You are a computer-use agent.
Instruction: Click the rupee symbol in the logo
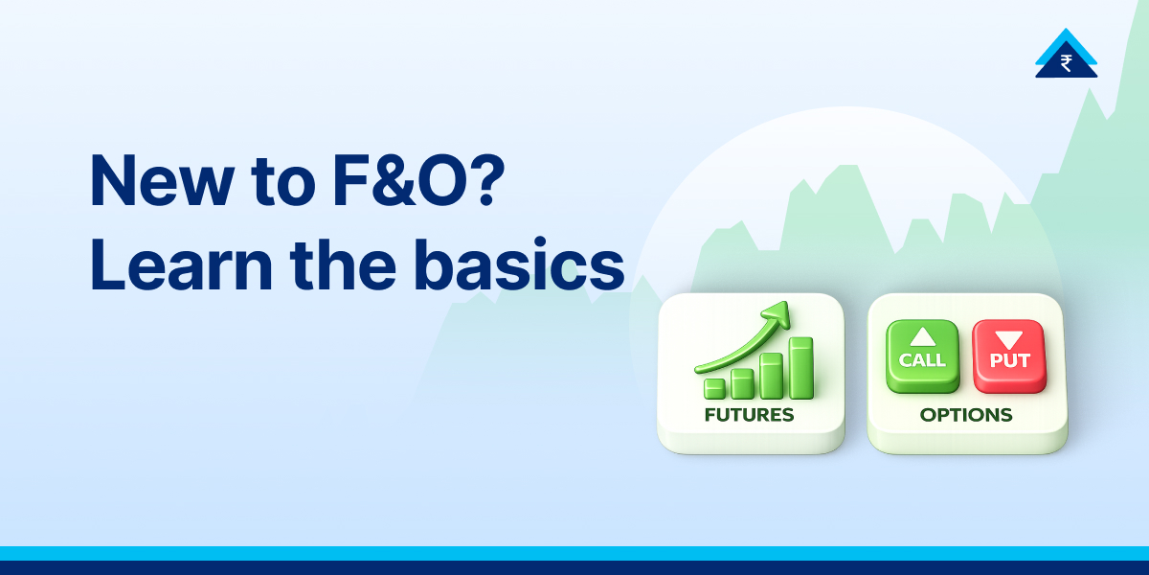1066,63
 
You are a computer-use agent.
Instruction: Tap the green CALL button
922,356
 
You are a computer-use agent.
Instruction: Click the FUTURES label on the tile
749,415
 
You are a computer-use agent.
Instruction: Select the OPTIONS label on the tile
965,415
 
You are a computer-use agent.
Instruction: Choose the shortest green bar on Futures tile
714,387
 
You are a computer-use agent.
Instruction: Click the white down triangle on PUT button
1009,339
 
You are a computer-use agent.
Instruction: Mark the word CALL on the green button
922,360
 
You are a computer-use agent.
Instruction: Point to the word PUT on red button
1009,361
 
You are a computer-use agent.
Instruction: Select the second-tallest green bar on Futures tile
772,375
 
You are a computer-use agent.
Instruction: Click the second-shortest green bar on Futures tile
742,383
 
